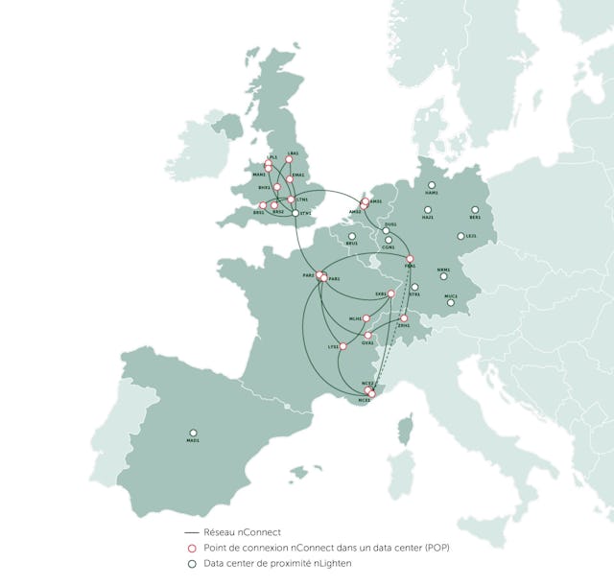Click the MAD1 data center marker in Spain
tap(194, 433)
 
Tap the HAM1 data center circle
tap(432, 184)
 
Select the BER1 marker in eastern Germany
tap(475, 209)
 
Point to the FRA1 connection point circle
tap(410, 260)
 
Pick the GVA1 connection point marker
tap(368, 335)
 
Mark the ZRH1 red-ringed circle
tap(404, 317)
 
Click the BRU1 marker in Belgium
tap(352, 235)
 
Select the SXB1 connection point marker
tap(390, 293)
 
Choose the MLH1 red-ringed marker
tap(366, 317)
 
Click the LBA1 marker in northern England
tap(289, 160)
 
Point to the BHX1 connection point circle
tap(276, 188)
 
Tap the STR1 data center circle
tap(414, 287)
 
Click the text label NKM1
tap(443, 270)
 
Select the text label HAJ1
tap(428, 218)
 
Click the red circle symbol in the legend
tap(192, 548)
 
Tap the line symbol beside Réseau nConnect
tap(191, 532)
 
